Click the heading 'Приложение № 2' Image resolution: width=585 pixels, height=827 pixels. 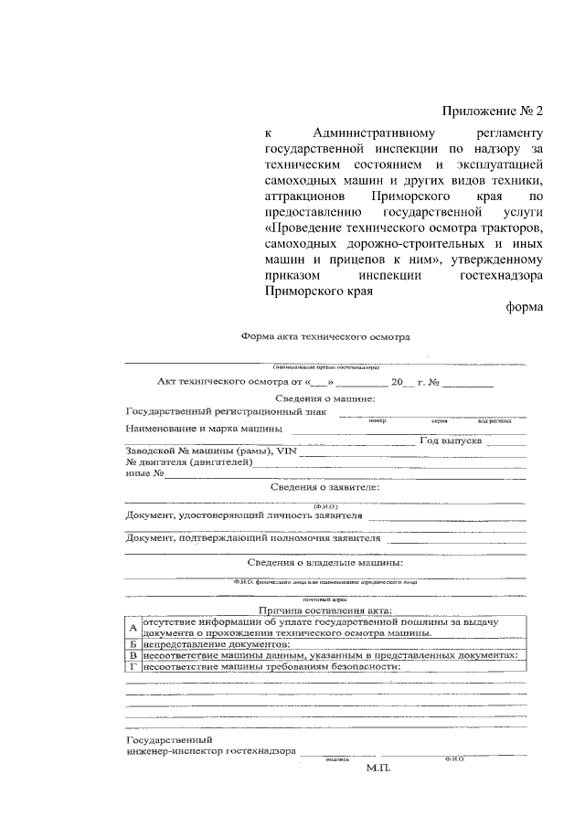(x=493, y=111)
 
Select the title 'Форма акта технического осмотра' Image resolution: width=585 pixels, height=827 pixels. (x=325, y=336)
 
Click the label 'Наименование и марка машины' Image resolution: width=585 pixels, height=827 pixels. (x=203, y=428)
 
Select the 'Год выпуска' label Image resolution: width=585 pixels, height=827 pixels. (x=451, y=440)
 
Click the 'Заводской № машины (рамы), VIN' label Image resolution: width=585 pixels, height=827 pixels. (x=212, y=451)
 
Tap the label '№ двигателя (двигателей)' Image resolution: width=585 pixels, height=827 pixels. (x=187, y=462)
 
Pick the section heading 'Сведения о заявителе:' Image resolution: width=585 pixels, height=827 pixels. (x=325, y=487)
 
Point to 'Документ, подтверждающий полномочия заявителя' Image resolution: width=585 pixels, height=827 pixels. (x=239, y=538)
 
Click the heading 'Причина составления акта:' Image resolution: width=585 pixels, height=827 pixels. (x=325, y=610)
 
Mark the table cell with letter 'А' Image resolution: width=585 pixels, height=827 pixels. (x=133, y=629)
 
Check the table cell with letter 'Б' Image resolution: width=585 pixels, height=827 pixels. (x=133, y=644)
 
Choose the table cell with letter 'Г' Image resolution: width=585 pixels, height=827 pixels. (x=133, y=666)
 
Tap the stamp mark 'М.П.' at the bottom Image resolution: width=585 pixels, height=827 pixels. (x=378, y=769)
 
